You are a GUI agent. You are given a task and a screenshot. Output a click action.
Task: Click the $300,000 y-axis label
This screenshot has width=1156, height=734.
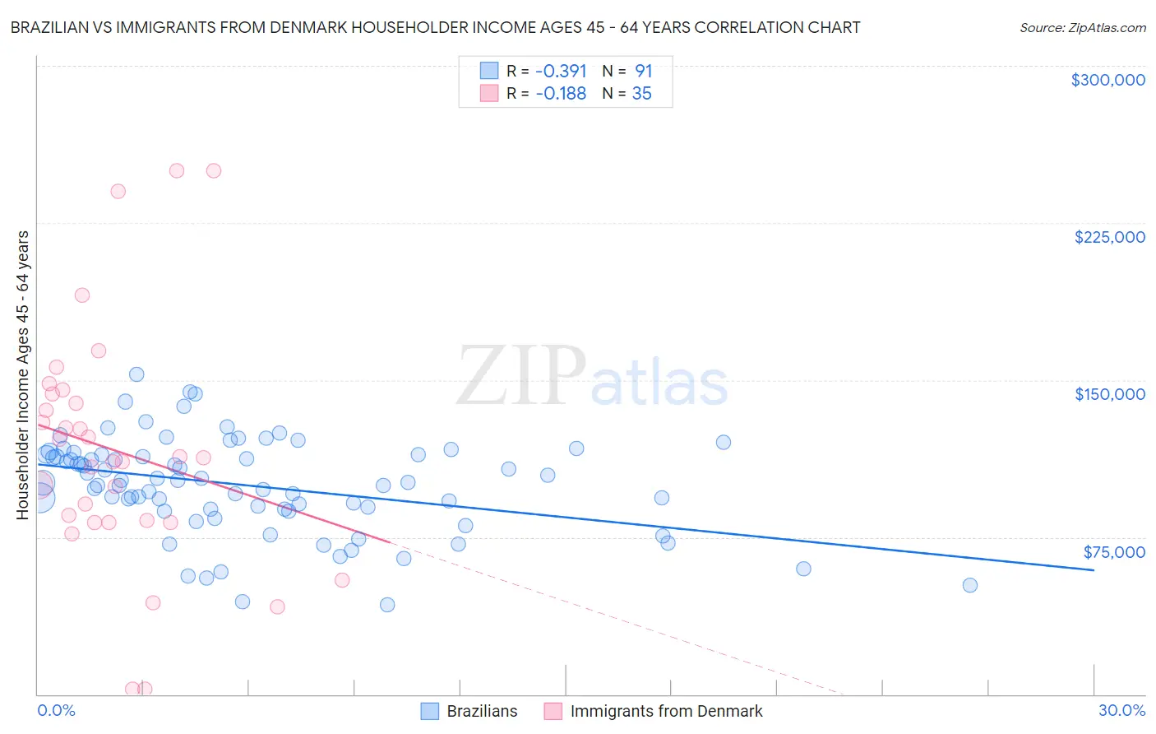click(x=1107, y=80)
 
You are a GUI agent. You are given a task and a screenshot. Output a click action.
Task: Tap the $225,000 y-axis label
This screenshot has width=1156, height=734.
click(x=1109, y=237)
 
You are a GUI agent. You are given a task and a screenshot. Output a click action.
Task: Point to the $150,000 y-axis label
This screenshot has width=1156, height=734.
click(x=1109, y=394)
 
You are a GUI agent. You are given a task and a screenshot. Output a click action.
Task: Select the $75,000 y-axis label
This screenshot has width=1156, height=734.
click(x=1113, y=552)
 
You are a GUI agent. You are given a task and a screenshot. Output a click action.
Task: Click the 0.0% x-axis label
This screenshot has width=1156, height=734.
click(x=56, y=710)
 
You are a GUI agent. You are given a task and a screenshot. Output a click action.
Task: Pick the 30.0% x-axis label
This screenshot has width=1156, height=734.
click(x=1121, y=710)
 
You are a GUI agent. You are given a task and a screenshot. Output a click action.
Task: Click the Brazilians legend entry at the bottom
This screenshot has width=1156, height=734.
click(x=469, y=711)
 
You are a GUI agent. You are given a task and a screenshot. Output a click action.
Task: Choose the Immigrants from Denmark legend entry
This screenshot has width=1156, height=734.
click(x=654, y=711)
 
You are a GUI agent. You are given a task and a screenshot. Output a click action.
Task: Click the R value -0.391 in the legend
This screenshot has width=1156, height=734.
click(x=561, y=71)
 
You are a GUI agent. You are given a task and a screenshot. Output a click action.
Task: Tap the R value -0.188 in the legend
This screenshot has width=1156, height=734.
click(x=561, y=93)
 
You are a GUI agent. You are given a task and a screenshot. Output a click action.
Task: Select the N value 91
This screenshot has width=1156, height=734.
click(x=643, y=71)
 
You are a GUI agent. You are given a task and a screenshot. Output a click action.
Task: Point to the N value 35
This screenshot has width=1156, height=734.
click(x=641, y=93)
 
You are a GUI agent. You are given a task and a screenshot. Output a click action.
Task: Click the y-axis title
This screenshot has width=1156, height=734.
click(x=22, y=375)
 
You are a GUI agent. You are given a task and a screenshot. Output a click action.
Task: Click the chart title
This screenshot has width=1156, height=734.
click(x=435, y=27)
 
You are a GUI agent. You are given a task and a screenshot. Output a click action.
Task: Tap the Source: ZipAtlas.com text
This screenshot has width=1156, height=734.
click(x=1082, y=27)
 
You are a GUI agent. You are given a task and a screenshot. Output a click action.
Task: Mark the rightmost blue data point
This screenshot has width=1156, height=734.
click(x=969, y=585)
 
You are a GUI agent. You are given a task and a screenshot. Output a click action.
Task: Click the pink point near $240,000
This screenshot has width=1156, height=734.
click(x=118, y=191)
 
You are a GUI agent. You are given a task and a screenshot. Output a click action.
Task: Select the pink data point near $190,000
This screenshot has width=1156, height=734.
click(x=82, y=295)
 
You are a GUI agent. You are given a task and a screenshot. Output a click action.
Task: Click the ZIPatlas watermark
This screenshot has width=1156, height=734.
click(x=592, y=378)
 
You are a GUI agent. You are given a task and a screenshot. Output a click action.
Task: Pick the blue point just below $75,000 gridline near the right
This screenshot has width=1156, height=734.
click(x=803, y=569)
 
